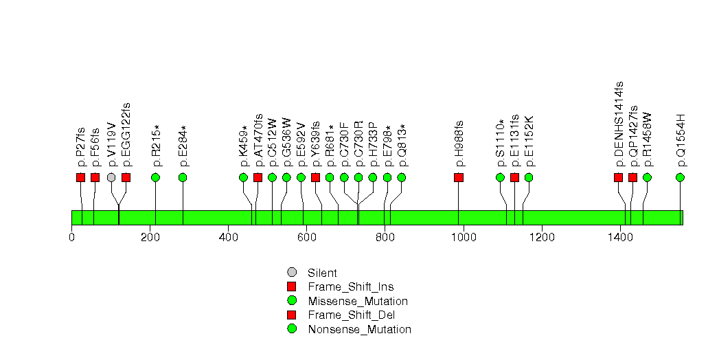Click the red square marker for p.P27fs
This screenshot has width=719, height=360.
click(x=80, y=177)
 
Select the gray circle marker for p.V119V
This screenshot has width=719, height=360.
click(x=111, y=177)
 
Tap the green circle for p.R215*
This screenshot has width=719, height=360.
click(x=155, y=177)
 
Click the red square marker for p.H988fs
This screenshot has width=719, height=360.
click(x=459, y=177)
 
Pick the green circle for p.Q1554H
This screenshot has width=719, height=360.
click(x=680, y=177)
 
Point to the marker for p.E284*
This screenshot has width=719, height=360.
click(x=183, y=177)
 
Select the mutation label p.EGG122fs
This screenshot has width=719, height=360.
click(x=126, y=135)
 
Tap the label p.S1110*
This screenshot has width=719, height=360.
click(x=501, y=142)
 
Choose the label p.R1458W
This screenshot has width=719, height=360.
click(x=647, y=140)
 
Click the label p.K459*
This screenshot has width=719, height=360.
click(x=244, y=146)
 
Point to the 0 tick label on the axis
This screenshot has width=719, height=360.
click(x=71, y=238)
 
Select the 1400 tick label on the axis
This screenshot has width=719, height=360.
click(x=619, y=238)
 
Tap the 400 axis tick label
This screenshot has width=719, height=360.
click(x=228, y=238)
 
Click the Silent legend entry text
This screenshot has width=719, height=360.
click(x=322, y=273)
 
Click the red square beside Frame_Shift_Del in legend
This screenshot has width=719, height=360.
click(x=292, y=315)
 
